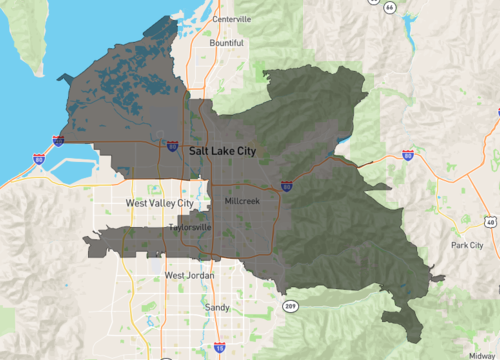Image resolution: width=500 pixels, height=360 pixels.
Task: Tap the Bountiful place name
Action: pos(226,43)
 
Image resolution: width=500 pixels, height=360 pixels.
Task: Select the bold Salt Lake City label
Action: pos(232,149)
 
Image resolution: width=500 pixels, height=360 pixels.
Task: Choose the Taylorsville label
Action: pos(190,227)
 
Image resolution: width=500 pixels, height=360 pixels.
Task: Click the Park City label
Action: pos(467,245)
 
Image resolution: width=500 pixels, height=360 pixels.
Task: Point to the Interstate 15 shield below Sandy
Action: pos(218,348)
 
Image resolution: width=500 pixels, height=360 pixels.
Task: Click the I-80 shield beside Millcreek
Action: pos(287,186)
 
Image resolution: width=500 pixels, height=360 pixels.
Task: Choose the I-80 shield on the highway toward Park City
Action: pos(407,155)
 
